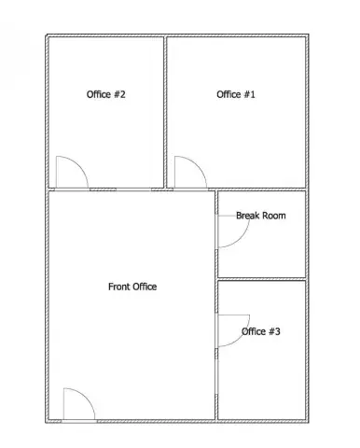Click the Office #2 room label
[x=105, y=94]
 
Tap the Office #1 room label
[x=236, y=94]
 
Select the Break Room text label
[x=261, y=216]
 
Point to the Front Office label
[x=132, y=287]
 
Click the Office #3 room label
[x=261, y=331]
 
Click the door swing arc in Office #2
[x=79, y=165]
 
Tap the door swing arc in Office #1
[x=198, y=165]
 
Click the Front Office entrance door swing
[x=86, y=397]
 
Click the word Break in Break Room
[x=247, y=216]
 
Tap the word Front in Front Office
[x=118, y=287]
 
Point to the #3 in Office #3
[x=274, y=331]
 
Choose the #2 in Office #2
[x=119, y=94]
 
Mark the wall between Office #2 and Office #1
[x=165, y=112]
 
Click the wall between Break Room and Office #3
[x=262, y=279]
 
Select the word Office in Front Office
[x=144, y=287]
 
